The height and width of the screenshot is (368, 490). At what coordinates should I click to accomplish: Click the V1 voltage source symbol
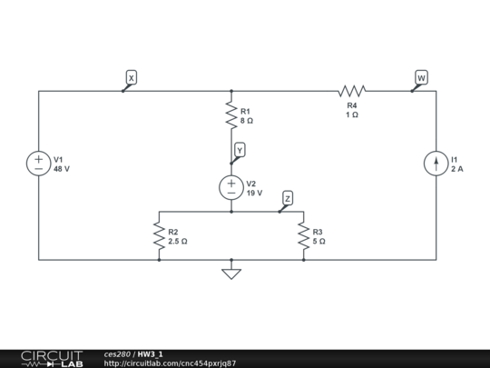coord(39,164)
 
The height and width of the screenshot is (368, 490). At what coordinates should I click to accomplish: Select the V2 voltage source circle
coord(231,187)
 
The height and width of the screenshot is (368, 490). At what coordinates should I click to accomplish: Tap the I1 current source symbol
coord(436,164)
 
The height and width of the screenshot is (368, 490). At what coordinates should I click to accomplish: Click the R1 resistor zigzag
coord(231,115)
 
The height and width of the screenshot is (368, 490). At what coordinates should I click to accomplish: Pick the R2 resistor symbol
coord(159,236)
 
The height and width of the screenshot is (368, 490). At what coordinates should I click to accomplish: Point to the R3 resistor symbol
coord(304,236)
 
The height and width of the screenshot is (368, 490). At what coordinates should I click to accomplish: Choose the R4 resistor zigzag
coord(351,91)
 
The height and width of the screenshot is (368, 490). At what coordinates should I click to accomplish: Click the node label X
coord(131,78)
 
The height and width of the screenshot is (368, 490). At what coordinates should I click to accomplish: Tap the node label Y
coord(240,150)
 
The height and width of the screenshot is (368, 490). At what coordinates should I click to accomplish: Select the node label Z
coord(288,198)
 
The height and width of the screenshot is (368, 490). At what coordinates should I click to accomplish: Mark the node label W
coord(421,78)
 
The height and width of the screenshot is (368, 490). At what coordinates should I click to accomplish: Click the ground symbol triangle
coord(231,272)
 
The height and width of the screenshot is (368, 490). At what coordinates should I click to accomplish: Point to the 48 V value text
coord(62,169)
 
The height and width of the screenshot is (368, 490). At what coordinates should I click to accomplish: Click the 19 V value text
coord(254,193)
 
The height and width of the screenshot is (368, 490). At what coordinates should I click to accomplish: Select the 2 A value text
coord(457,169)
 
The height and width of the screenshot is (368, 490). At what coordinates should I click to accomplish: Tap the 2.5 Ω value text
coord(178,242)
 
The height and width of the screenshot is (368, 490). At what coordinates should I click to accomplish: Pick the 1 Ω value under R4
coord(351,115)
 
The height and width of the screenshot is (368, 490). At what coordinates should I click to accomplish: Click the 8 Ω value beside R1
coord(247,120)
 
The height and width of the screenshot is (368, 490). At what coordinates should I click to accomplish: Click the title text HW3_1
coord(151,353)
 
